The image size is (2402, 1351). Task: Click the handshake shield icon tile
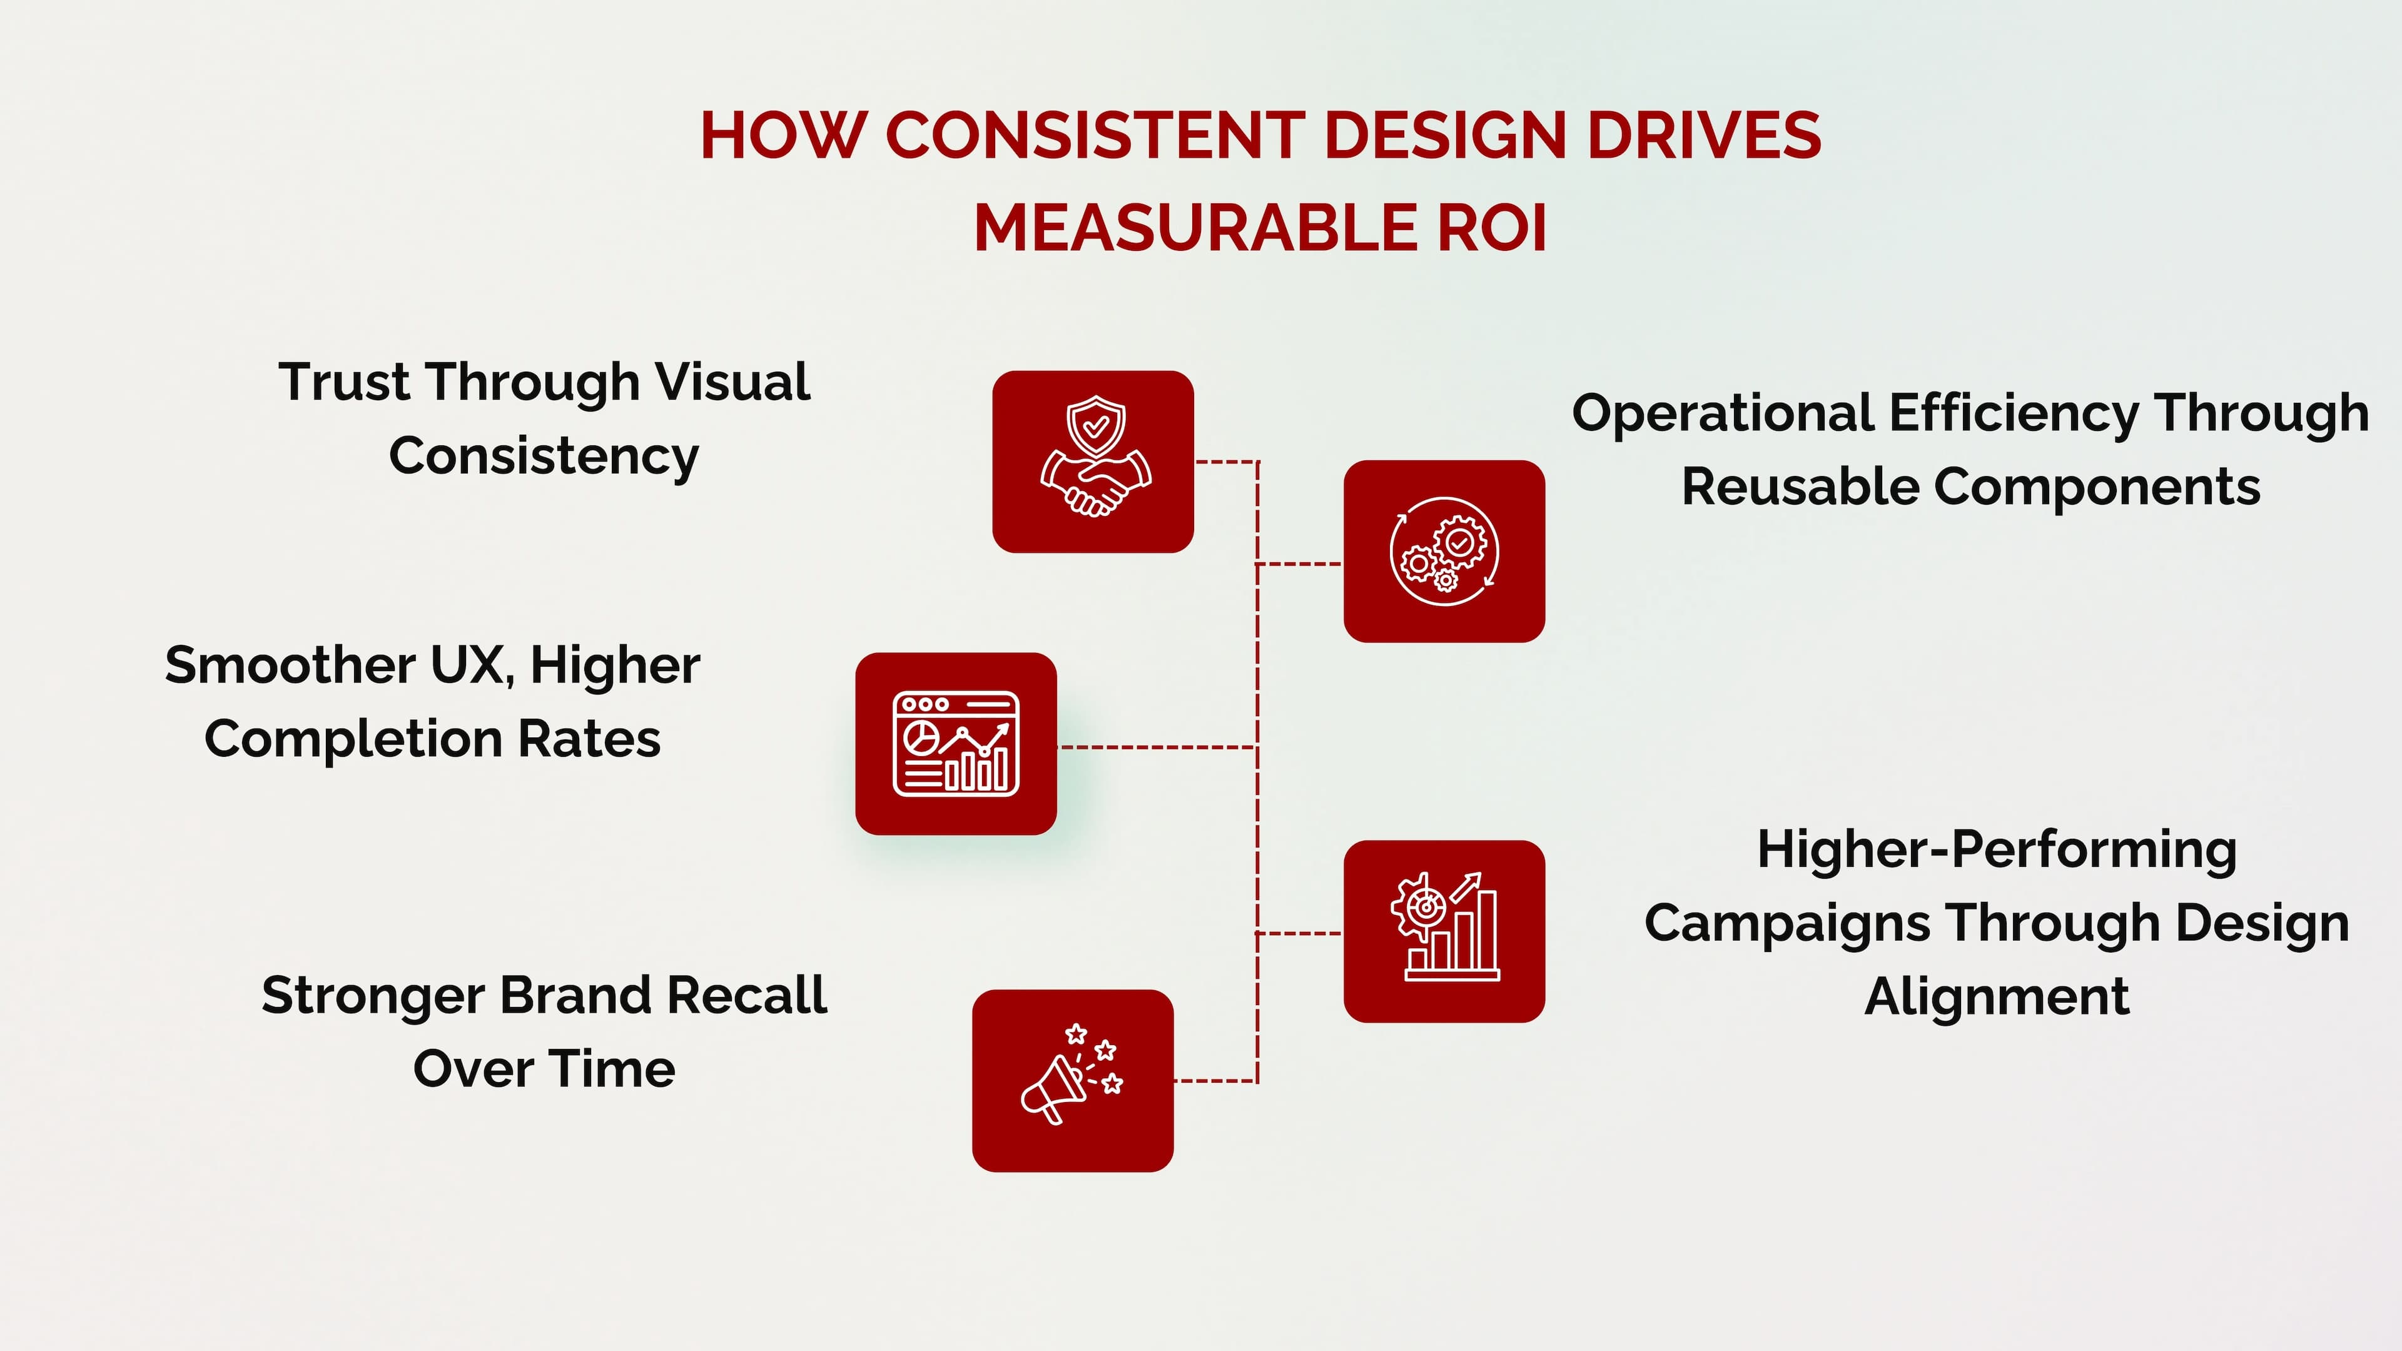pos(1093,462)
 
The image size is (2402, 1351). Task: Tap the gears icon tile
pos(1444,551)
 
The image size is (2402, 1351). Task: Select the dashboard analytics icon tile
pos(956,743)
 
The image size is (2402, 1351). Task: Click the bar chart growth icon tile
pos(1444,931)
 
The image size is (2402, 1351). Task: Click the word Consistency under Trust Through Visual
pos(544,456)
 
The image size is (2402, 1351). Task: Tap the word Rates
pos(589,739)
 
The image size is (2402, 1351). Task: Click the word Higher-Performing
pos(1997,849)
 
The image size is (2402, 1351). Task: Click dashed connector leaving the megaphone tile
pos(1215,1081)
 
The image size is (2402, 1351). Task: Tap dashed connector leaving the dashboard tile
pos(1156,747)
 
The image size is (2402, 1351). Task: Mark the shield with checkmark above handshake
pos(1097,426)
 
